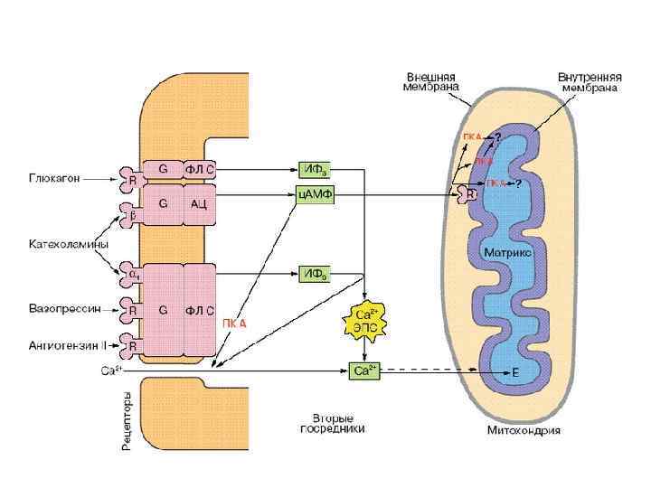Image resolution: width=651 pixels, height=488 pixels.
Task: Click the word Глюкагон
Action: [53, 178]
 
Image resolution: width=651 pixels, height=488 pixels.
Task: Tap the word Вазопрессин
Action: [60, 310]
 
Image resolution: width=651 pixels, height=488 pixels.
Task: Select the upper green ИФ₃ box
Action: [315, 169]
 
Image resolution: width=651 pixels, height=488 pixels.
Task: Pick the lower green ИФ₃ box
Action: [315, 272]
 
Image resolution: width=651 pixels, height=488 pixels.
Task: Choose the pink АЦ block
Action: [200, 205]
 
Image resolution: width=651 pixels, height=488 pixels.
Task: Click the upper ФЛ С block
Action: [200, 168]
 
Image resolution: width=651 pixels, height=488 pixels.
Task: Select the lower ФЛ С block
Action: [199, 310]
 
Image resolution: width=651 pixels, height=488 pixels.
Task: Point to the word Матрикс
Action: [507, 253]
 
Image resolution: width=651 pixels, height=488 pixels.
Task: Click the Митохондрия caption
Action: [524, 430]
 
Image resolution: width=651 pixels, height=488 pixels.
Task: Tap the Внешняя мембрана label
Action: [431, 81]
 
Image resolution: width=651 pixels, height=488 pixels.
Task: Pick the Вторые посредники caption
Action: [332, 423]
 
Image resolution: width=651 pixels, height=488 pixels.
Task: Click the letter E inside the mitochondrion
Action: [514, 371]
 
